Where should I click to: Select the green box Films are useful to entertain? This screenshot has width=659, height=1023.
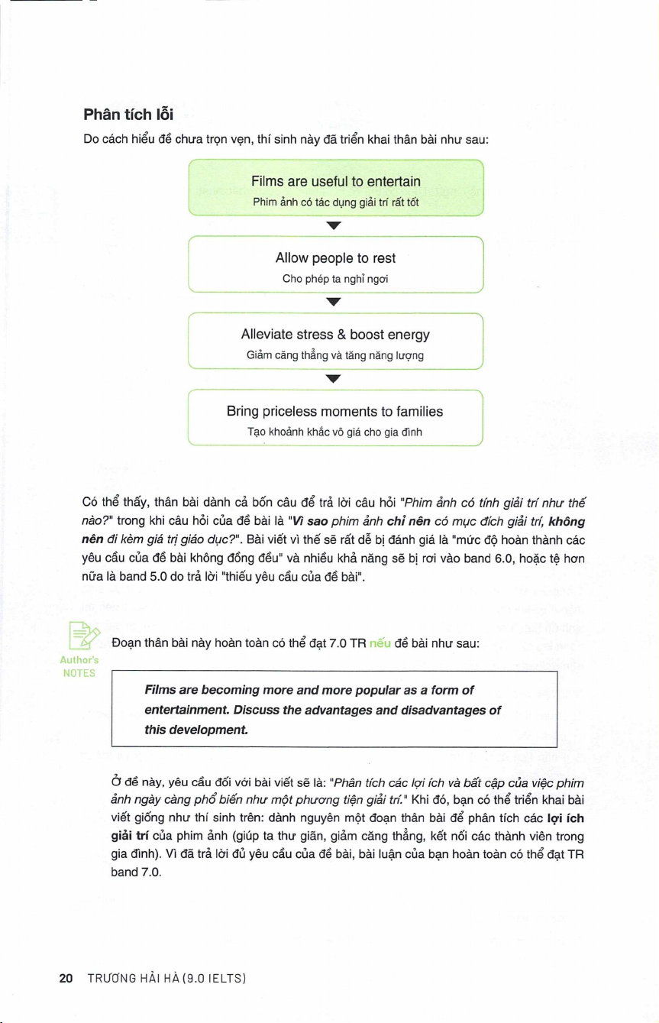click(336, 189)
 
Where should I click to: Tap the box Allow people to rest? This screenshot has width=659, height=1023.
click(336, 265)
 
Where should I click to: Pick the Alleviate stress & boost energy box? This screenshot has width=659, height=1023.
click(336, 342)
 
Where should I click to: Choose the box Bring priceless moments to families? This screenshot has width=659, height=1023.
click(336, 418)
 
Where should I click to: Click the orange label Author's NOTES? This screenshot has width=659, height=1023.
click(79, 666)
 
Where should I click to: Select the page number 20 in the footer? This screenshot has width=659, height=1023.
click(66, 977)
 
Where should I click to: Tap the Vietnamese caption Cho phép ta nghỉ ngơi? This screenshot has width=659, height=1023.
click(336, 279)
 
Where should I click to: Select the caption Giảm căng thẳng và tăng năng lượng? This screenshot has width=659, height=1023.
click(336, 355)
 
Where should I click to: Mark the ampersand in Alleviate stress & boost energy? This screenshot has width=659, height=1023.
click(342, 335)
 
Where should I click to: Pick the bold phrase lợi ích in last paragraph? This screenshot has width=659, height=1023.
click(564, 817)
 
